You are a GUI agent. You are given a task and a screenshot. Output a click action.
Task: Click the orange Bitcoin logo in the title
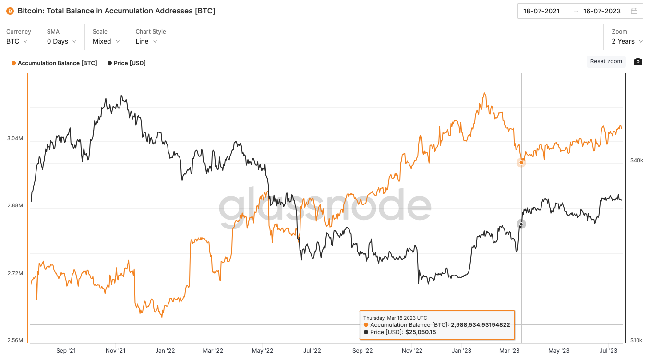(10, 11)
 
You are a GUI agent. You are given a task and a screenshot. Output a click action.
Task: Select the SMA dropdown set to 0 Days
(61, 41)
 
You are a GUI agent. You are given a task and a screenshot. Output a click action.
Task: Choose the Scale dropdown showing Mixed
(106, 41)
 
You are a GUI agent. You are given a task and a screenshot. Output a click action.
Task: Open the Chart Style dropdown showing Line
(146, 41)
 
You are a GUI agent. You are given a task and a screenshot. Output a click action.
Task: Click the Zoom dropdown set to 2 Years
(627, 41)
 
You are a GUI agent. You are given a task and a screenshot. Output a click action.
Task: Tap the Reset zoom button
(606, 61)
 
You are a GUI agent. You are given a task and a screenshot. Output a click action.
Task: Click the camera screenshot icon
(637, 61)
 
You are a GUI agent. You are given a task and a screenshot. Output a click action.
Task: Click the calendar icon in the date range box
(634, 11)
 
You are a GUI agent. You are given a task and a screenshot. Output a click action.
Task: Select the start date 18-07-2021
(541, 11)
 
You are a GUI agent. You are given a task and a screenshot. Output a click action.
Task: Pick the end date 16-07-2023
(601, 11)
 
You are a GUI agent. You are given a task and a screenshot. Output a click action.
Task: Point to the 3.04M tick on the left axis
(15, 138)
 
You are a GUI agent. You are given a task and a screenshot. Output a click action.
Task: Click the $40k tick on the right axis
(637, 160)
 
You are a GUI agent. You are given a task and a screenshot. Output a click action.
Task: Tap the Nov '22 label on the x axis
(411, 351)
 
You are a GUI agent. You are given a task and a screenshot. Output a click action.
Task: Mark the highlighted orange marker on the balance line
(521, 162)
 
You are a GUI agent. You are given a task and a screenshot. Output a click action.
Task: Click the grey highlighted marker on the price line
(521, 224)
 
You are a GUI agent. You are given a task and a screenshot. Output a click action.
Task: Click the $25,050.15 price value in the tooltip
(420, 332)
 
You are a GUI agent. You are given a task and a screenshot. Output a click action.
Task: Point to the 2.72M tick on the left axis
(15, 273)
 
